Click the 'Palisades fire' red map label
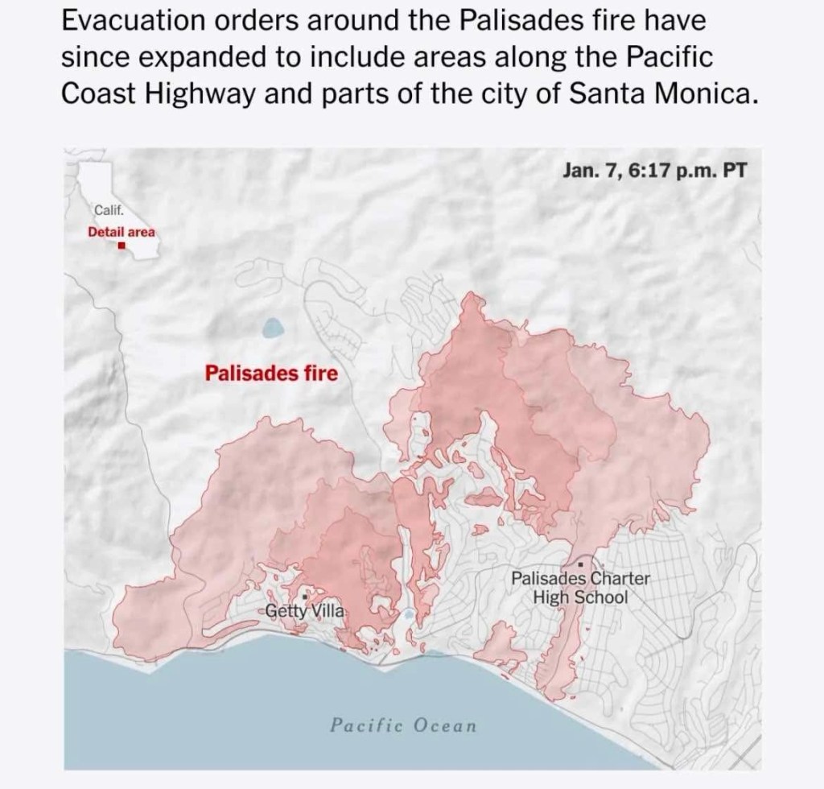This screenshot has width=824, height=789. tap(271, 374)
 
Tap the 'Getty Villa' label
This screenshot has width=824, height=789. tap(306, 610)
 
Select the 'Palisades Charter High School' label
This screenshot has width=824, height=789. tap(580, 589)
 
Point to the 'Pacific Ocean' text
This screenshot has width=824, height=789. tap(403, 725)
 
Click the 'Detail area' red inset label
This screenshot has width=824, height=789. tap(122, 231)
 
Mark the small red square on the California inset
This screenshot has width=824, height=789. tap(122, 246)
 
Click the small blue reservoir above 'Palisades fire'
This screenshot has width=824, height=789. tap(273, 328)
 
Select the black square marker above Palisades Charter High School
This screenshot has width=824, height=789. tap(580, 566)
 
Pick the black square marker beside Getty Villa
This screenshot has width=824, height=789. tap(303, 597)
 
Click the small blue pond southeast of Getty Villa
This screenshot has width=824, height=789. tap(410, 615)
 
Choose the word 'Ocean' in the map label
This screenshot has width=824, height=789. tap(444, 725)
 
